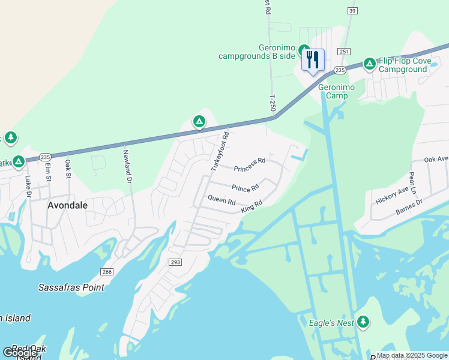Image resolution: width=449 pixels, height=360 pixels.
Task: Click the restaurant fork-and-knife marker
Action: tap(312, 59)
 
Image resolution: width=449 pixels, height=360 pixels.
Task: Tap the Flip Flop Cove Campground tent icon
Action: tap(369, 63)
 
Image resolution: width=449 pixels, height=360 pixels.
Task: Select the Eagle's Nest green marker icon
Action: tap(363, 322)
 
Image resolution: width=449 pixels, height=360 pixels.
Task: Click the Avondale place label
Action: tap(68, 205)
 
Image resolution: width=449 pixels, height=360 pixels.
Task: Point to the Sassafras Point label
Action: tap(71, 287)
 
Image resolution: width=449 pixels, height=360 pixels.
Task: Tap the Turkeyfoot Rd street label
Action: tap(220, 152)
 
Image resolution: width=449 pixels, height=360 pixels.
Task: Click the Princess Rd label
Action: tap(250, 164)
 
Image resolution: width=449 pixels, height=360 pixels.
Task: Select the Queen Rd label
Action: tap(221, 200)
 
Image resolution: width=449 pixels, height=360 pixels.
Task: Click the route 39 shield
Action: tap(352, 11)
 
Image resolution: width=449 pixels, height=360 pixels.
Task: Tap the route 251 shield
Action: tap(343, 52)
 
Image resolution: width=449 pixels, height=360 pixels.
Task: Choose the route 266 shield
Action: tap(107, 272)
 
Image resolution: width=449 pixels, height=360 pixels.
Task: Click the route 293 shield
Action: tap(175, 262)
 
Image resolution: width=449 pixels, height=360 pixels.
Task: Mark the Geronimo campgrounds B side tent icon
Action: tap(304, 50)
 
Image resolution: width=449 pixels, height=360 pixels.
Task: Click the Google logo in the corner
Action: tap(20, 353)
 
